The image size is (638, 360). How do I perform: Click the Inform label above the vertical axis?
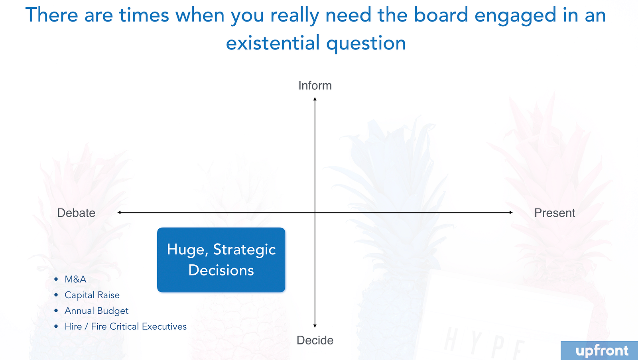pyautogui.click(x=315, y=85)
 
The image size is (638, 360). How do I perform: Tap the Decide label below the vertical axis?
pyautogui.click(x=315, y=340)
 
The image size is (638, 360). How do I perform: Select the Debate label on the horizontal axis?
pyautogui.click(x=76, y=213)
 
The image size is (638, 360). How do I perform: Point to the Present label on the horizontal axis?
pyautogui.click(x=555, y=213)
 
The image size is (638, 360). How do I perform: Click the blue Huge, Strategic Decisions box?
pyautogui.click(x=221, y=260)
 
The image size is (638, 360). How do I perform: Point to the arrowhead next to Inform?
pyautogui.click(x=315, y=98)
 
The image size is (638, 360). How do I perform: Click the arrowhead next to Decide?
pyautogui.click(x=315, y=326)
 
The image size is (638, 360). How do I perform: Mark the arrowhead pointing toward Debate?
pyautogui.click(x=119, y=212)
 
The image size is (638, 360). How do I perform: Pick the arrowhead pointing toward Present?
pyautogui.click(x=511, y=212)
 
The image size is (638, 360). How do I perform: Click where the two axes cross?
pyautogui.click(x=315, y=212)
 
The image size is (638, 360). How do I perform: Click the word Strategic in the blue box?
pyautogui.click(x=244, y=250)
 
